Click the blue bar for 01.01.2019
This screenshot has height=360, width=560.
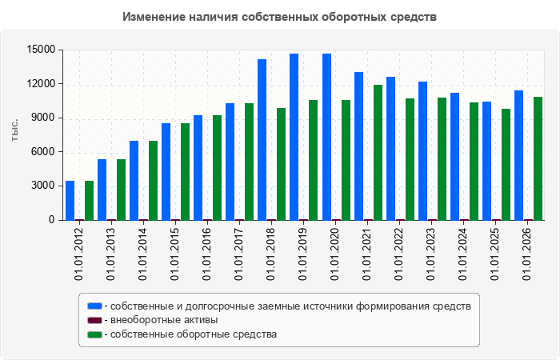(294, 137)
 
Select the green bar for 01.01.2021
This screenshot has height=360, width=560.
(378, 153)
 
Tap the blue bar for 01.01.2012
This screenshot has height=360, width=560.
(70, 200)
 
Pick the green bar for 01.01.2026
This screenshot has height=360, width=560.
(538, 158)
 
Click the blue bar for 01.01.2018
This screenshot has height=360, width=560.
(262, 140)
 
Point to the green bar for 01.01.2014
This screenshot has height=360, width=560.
(154, 180)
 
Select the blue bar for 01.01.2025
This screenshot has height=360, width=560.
(486, 161)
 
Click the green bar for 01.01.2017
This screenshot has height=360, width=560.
(250, 162)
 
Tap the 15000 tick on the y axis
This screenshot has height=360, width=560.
(41, 50)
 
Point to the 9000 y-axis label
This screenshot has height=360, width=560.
(44, 118)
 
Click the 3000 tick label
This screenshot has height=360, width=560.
(44, 186)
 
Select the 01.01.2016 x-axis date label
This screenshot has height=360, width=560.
(206, 253)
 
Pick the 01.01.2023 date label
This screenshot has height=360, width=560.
(430, 253)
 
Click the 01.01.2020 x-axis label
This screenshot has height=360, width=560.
(334, 253)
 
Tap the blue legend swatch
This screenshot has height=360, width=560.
(94, 306)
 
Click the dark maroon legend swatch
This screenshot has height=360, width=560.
(94, 320)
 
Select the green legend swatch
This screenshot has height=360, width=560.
(94, 334)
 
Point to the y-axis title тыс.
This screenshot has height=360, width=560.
(14, 131)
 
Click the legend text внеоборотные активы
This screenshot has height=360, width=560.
(164, 320)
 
